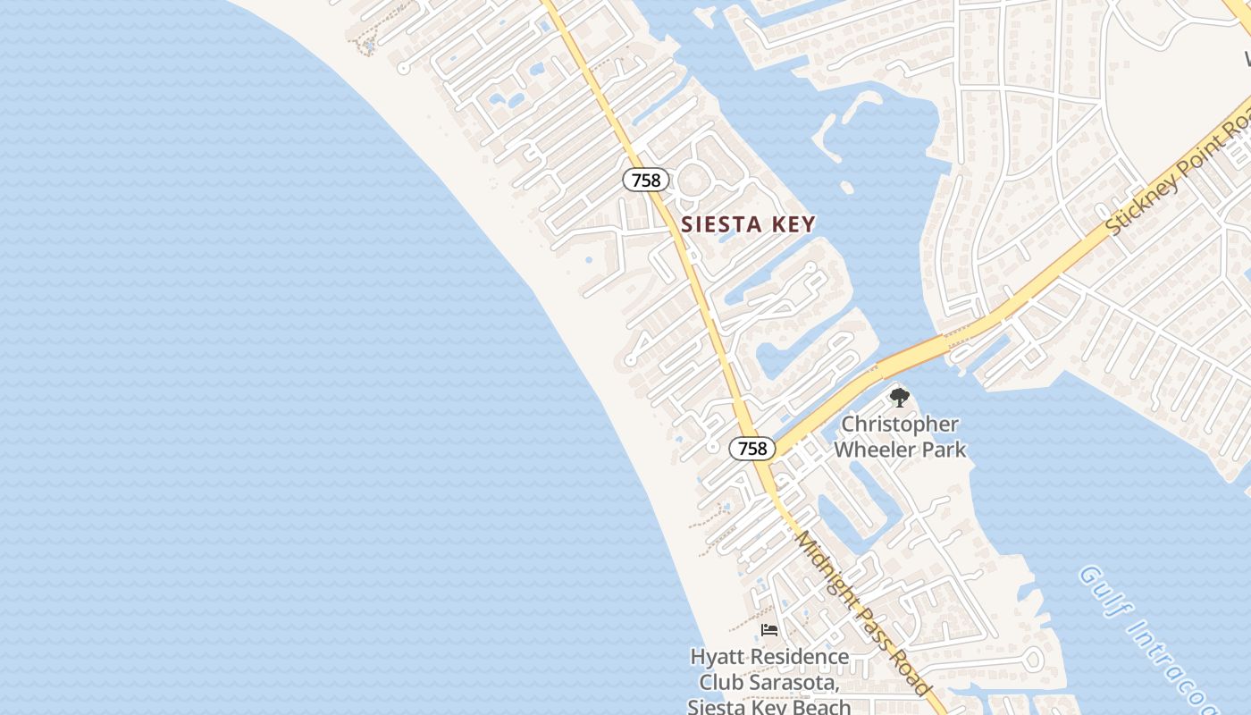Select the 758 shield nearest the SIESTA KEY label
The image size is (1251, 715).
[x=645, y=180]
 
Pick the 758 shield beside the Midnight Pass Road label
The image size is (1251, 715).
[x=751, y=448]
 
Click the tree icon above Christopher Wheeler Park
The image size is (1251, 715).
[x=899, y=397]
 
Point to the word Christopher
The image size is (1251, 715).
[x=900, y=425]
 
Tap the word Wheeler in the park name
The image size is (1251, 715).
[x=874, y=450]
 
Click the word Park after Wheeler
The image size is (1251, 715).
[x=944, y=450]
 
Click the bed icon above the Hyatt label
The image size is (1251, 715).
[x=768, y=630]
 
